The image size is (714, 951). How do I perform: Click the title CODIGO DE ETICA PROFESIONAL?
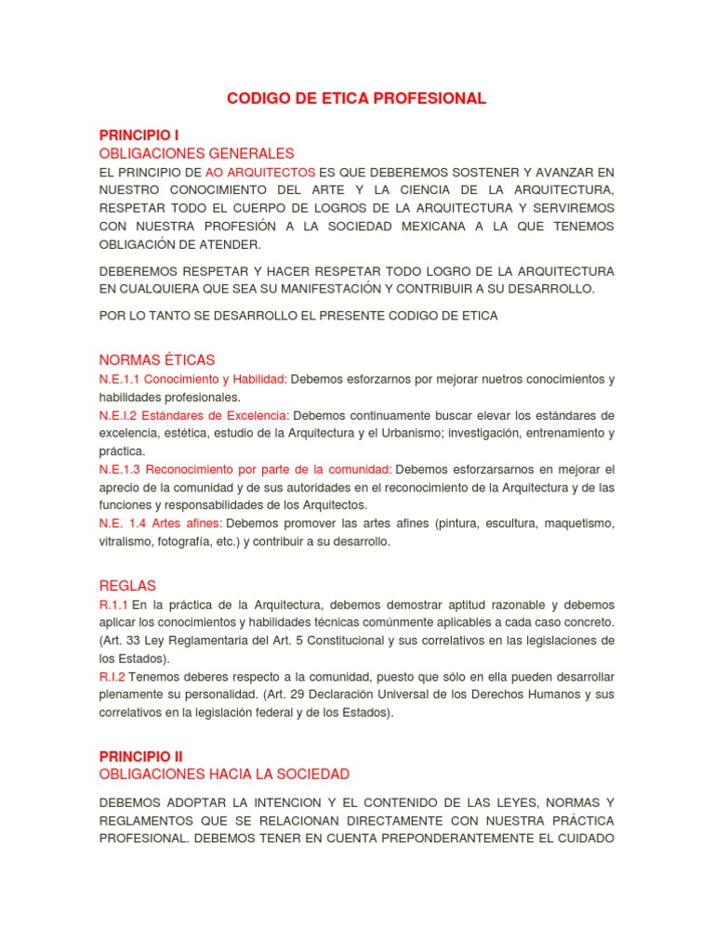(x=356, y=98)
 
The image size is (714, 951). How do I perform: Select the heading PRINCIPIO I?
(x=139, y=136)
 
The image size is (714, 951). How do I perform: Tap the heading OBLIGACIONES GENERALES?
(x=196, y=153)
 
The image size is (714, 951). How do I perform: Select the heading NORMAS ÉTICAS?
(x=157, y=360)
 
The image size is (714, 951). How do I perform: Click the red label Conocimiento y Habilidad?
(x=216, y=380)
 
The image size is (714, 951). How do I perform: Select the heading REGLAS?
(x=127, y=586)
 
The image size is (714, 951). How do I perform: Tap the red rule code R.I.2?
(x=112, y=677)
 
